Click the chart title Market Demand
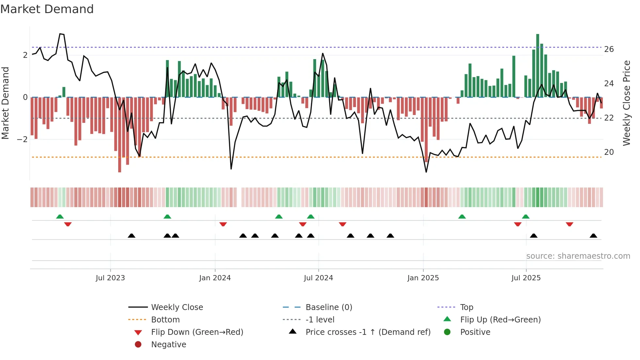tap(47, 9)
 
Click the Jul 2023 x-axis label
tap(110, 278)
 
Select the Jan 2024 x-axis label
tap(215, 278)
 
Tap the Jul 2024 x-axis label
tap(318, 278)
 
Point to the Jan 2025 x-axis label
tap(423, 278)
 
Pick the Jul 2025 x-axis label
tap(526, 278)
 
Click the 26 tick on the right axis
tap(609, 49)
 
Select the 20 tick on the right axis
tap(609, 152)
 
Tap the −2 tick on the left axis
tap(23, 139)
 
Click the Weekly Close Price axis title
tap(626, 103)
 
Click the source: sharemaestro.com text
tap(578, 256)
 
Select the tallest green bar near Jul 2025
tap(537, 65)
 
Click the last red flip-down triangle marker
tap(569, 224)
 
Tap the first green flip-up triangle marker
tap(60, 217)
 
